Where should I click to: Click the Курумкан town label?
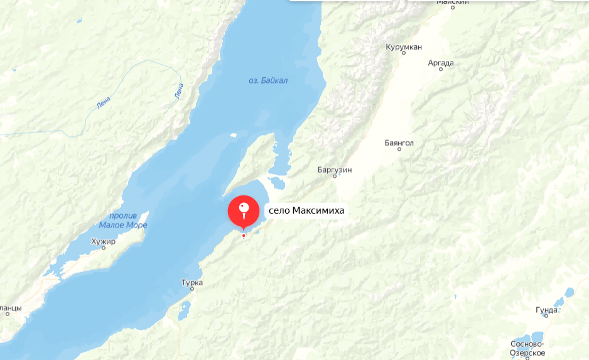click(404, 46)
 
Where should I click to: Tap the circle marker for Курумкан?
click(403, 54)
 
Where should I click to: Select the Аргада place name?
click(440, 62)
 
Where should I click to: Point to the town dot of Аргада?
click(441, 70)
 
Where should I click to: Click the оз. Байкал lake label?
click(268, 80)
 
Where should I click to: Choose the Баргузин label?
click(335, 170)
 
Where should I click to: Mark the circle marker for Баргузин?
click(335, 177)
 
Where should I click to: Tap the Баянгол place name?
click(399, 143)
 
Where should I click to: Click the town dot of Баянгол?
click(399, 150)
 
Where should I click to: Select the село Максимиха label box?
click(306, 210)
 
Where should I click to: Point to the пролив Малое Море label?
click(123, 221)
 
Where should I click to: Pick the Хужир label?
click(104, 241)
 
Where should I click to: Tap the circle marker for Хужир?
click(104, 248)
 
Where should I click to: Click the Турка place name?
click(192, 283)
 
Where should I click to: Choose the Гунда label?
click(546, 310)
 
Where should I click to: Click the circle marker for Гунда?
click(546, 317)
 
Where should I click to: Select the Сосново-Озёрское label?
click(527, 348)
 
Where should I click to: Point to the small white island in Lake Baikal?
click(233, 134)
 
